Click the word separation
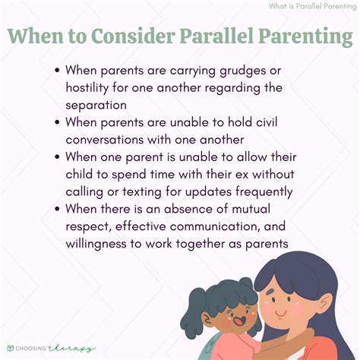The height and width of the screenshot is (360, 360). coord(103,106)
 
